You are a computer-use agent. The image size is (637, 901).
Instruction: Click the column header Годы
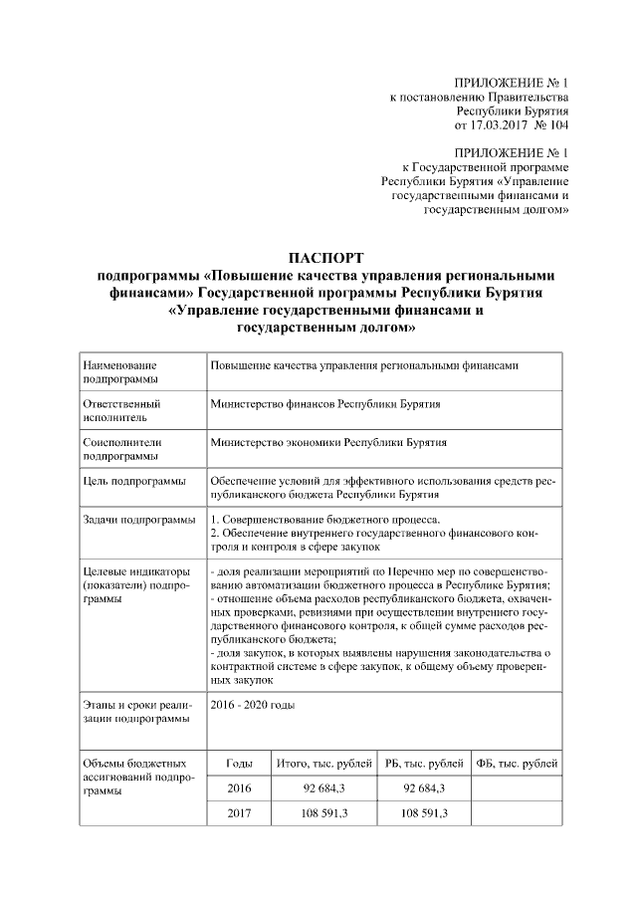(x=239, y=764)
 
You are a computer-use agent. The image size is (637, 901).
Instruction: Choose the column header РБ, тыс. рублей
(x=423, y=764)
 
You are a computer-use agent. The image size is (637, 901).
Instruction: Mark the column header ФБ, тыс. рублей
(x=516, y=764)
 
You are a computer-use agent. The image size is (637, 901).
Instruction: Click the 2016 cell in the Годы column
(x=239, y=789)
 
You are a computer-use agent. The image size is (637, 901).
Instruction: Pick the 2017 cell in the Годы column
(x=239, y=814)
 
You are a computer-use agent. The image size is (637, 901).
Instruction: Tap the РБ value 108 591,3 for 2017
(x=423, y=814)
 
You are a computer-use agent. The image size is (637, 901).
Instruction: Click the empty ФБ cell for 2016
(x=516, y=789)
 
